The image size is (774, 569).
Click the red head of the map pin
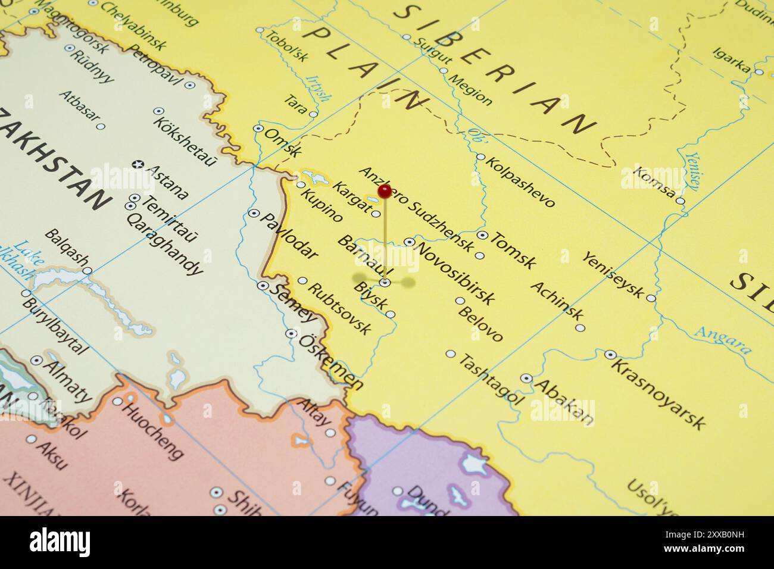385,191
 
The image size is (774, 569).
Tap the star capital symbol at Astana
138,164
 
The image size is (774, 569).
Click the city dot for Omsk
258,128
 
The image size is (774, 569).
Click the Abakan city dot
526,378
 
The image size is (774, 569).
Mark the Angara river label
723,340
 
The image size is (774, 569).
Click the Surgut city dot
407,37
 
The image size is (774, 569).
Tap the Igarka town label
731,61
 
